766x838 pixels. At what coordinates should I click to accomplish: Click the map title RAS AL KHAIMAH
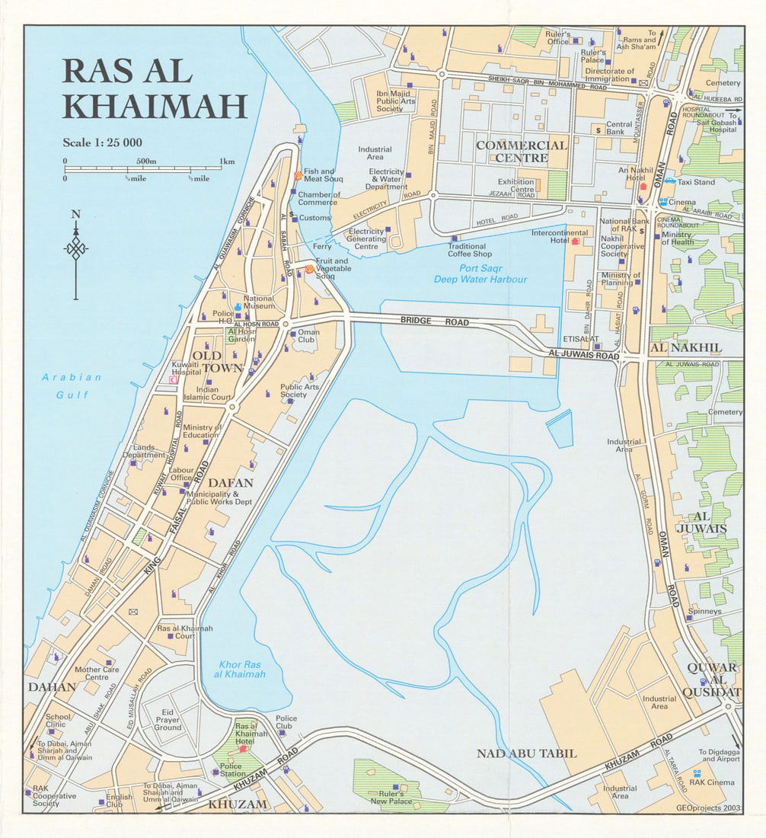click(x=155, y=88)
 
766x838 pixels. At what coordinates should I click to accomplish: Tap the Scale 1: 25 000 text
click(x=102, y=142)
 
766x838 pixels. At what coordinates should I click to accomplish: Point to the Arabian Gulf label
click(x=72, y=386)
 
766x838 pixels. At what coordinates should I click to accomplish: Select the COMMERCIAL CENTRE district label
click(x=522, y=151)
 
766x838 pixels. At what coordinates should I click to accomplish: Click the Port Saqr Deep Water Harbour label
click(x=480, y=274)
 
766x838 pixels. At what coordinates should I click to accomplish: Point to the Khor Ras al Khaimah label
click(x=242, y=670)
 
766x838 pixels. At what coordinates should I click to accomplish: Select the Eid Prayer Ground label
click(x=168, y=718)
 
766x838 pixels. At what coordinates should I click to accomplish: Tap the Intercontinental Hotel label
click(x=560, y=236)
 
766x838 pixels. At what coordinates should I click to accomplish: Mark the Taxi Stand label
click(x=696, y=183)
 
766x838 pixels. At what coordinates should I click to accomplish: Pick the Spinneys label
click(x=704, y=612)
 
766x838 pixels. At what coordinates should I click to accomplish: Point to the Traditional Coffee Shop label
click(x=469, y=250)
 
